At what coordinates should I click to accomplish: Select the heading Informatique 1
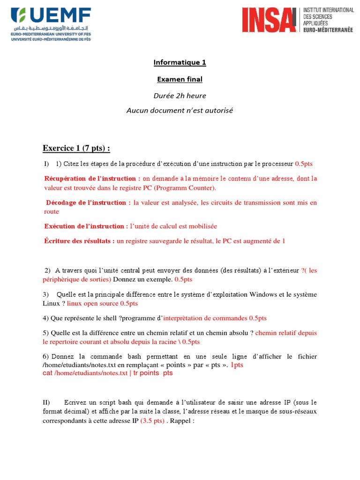(180, 62)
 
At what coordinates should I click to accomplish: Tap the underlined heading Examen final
(180, 79)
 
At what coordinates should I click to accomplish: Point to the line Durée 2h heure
(180, 96)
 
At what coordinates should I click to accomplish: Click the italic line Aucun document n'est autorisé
(180, 111)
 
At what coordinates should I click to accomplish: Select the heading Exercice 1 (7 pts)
(76, 149)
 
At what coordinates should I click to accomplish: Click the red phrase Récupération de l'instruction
(92, 179)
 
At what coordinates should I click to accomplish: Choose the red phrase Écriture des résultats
(80, 241)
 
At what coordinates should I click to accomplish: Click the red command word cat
(47, 373)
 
